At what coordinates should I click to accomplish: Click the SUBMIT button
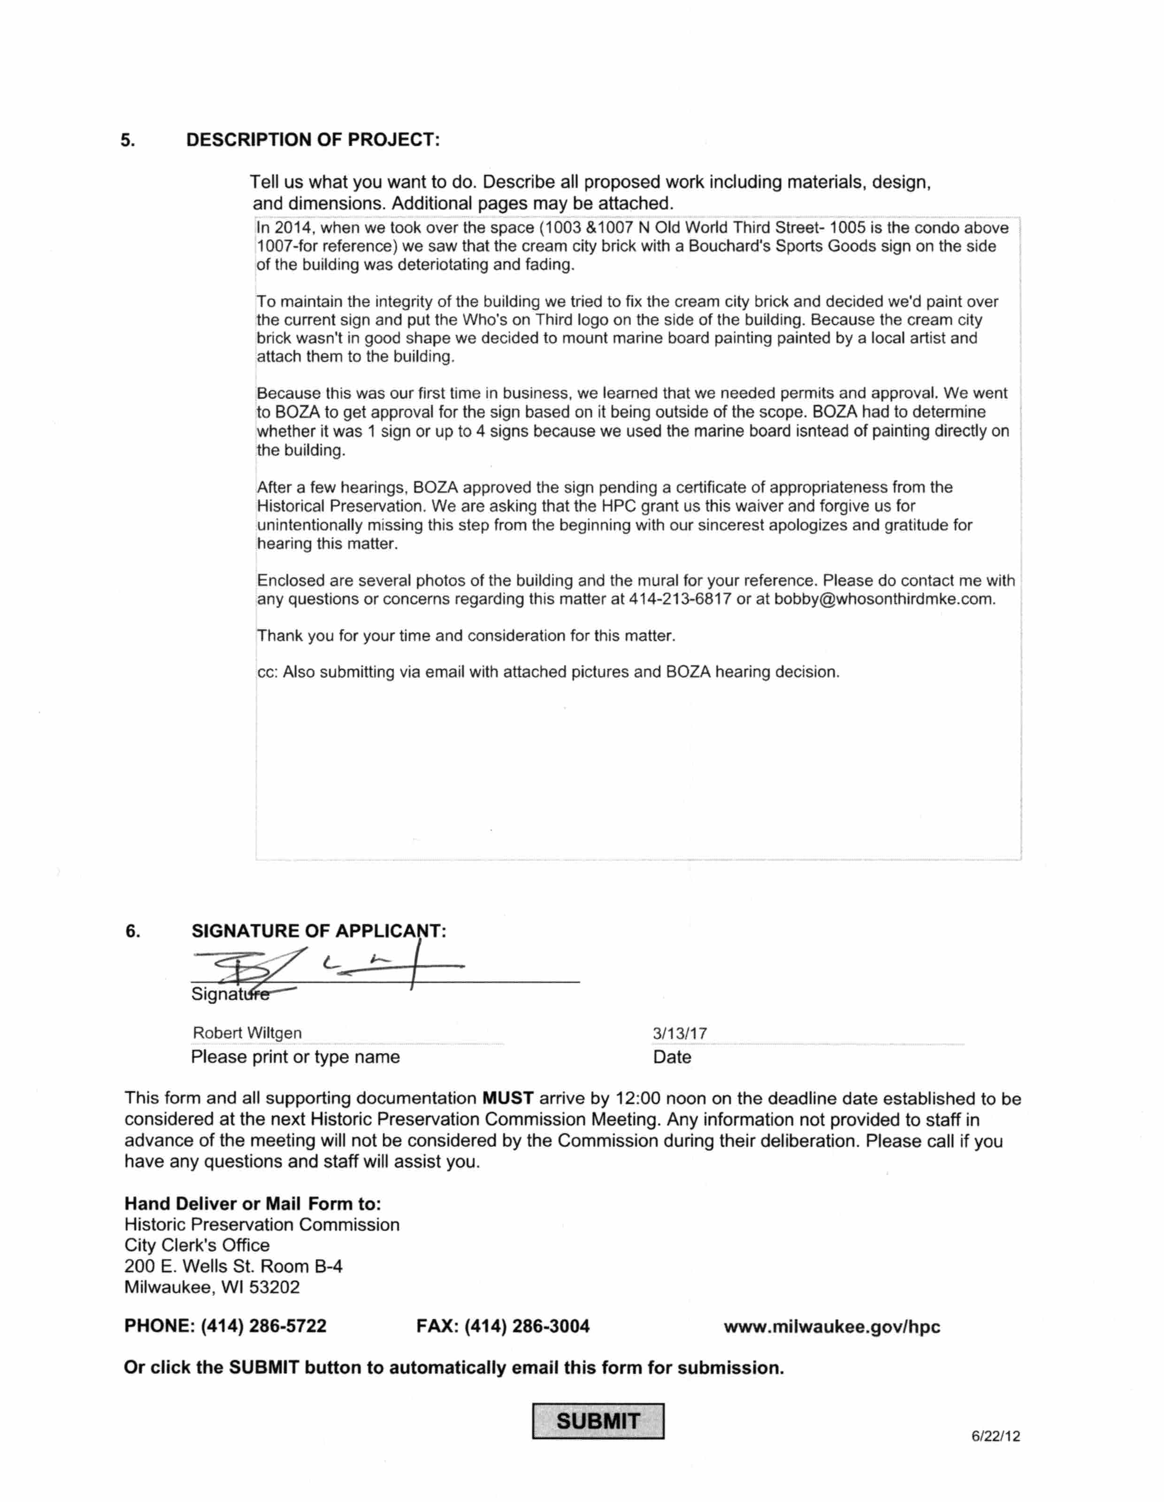tap(598, 1421)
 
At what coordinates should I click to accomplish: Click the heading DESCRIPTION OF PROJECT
tap(313, 140)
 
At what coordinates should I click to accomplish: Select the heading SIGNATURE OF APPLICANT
tap(319, 931)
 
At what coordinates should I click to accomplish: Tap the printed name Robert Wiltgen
tap(247, 1033)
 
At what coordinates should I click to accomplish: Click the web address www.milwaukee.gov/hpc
tap(832, 1327)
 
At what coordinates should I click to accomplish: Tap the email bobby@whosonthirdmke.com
tap(883, 599)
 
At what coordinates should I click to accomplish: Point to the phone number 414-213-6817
tap(680, 599)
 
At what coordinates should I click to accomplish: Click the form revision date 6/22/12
tap(996, 1436)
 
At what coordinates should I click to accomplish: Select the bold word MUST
tap(508, 1098)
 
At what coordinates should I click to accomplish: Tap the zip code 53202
tap(275, 1288)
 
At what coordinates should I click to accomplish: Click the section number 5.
tap(128, 140)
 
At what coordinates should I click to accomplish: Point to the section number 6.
tap(133, 932)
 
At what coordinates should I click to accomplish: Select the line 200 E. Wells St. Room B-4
tap(233, 1266)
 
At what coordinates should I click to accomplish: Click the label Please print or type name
tap(295, 1057)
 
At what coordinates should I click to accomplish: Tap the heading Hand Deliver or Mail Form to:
tap(253, 1204)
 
